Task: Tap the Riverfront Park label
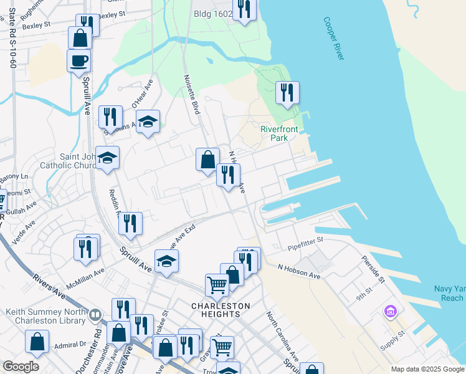click(279, 134)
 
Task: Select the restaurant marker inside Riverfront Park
click(287, 93)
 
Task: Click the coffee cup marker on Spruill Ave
click(78, 61)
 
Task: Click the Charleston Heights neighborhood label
click(221, 310)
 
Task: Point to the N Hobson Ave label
click(298, 271)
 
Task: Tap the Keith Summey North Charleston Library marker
click(95, 315)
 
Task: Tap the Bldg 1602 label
click(212, 14)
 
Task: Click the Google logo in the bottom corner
click(21, 367)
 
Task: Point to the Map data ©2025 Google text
click(427, 370)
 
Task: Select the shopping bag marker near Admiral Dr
click(37, 342)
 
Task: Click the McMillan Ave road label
click(85, 278)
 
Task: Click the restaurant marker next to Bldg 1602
click(244, 10)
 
